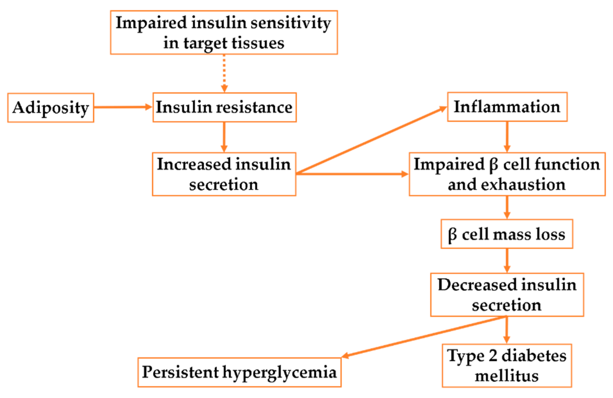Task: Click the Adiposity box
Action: coord(50,108)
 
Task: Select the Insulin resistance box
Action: coord(224,107)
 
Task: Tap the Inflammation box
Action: coord(507,107)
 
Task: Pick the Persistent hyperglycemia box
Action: coord(239,372)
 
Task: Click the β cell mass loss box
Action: coord(507,234)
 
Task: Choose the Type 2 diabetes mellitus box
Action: coord(507,366)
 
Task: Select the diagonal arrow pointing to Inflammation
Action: coord(371,141)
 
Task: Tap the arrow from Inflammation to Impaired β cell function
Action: coord(507,137)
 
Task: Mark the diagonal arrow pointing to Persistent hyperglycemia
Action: coord(422,337)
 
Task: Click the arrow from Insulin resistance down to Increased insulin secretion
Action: coord(224,137)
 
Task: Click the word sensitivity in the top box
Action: coord(291,23)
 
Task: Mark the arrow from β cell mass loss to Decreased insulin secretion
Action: coord(507,261)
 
